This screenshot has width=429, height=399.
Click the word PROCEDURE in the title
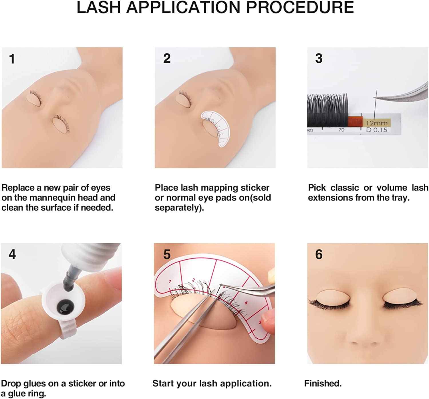(300, 7)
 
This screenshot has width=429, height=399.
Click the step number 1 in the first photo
(12, 59)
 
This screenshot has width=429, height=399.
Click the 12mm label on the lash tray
(377, 123)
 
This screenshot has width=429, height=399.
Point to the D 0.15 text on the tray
(377, 130)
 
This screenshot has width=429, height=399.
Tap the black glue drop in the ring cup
(65, 307)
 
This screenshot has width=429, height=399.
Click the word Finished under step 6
(323, 384)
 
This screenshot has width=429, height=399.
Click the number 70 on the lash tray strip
(341, 130)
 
